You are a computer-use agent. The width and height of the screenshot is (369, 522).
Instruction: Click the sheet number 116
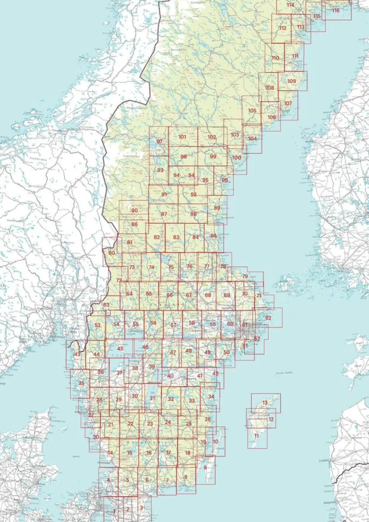coord(335,10)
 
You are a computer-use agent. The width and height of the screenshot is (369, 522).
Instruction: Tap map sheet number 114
coord(290,5)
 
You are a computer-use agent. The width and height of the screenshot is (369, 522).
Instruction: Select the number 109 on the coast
coord(292,81)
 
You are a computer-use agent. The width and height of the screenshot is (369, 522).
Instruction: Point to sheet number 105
coord(252,111)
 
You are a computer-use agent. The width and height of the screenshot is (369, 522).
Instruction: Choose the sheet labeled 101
coord(182,137)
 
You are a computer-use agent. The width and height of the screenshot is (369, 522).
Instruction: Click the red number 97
coord(159,142)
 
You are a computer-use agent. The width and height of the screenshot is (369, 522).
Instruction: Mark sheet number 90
coord(134,210)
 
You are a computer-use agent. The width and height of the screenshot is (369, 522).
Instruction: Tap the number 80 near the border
coord(112,253)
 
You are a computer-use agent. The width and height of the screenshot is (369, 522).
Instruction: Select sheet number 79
coord(245,276)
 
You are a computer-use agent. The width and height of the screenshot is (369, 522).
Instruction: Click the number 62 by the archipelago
coord(268,318)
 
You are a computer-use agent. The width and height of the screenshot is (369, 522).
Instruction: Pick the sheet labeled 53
coord(97,325)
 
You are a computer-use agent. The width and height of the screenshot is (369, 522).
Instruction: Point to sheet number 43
coord(77,354)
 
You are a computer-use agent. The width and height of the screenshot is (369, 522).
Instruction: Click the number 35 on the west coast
coord(82,383)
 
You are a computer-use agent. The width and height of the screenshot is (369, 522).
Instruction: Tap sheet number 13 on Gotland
coord(265,402)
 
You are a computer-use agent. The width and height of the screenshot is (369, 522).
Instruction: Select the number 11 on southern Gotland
coord(256,436)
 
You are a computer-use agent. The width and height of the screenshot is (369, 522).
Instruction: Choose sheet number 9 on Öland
coord(205,467)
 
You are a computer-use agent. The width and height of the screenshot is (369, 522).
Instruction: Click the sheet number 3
coord(141,508)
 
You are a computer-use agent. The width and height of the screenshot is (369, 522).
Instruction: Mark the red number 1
coord(114,511)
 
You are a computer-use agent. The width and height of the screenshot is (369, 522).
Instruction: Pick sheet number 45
coord(120,348)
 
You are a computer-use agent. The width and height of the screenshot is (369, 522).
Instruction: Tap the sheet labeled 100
coord(237,158)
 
